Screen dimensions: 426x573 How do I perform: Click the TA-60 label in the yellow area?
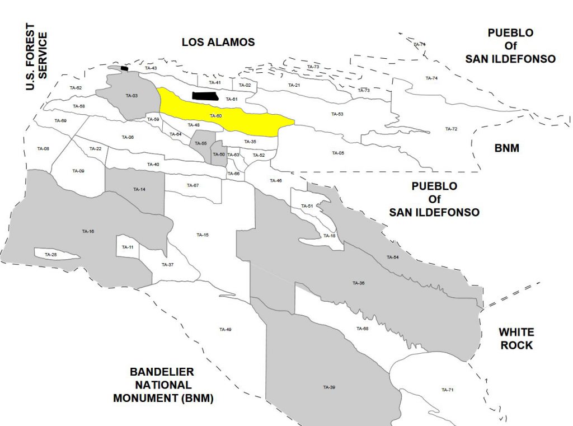pyautogui.click(x=215, y=116)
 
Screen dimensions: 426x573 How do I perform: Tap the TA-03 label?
pyautogui.click(x=131, y=96)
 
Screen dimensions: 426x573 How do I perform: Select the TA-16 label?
pyautogui.click(x=88, y=231)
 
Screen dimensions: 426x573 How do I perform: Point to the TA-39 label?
pyautogui.click(x=329, y=387)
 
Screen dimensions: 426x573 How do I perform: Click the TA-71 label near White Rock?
pyautogui.click(x=447, y=390)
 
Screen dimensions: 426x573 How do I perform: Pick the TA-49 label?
pyautogui.click(x=225, y=329)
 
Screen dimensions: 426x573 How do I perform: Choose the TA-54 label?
pyautogui.click(x=392, y=257)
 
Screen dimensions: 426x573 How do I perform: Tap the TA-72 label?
pyautogui.click(x=451, y=129)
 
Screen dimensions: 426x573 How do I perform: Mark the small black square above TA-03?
pyautogui.click(x=124, y=68)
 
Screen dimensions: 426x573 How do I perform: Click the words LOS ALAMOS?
pyautogui.click(x=218, y=42)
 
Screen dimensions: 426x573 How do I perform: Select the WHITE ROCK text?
pyautogui.click(x=516, y=339)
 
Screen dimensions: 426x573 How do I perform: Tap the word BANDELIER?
pyautogui.click(x=162, y=372)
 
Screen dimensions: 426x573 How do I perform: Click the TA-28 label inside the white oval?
pyautogui.click(x=50, y=255)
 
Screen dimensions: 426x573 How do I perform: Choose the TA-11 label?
pyautogui.click(x=128, y=247)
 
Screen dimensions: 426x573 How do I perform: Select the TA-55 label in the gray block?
pyautogui.click(x=201, y=144)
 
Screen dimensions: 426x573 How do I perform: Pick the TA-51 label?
pyautogui.click(x=307, y=206)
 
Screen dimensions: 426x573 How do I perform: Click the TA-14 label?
pyautogui.click(x=139, y=190)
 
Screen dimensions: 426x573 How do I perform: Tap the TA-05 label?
pyautogui.click(x=338, y=153)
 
